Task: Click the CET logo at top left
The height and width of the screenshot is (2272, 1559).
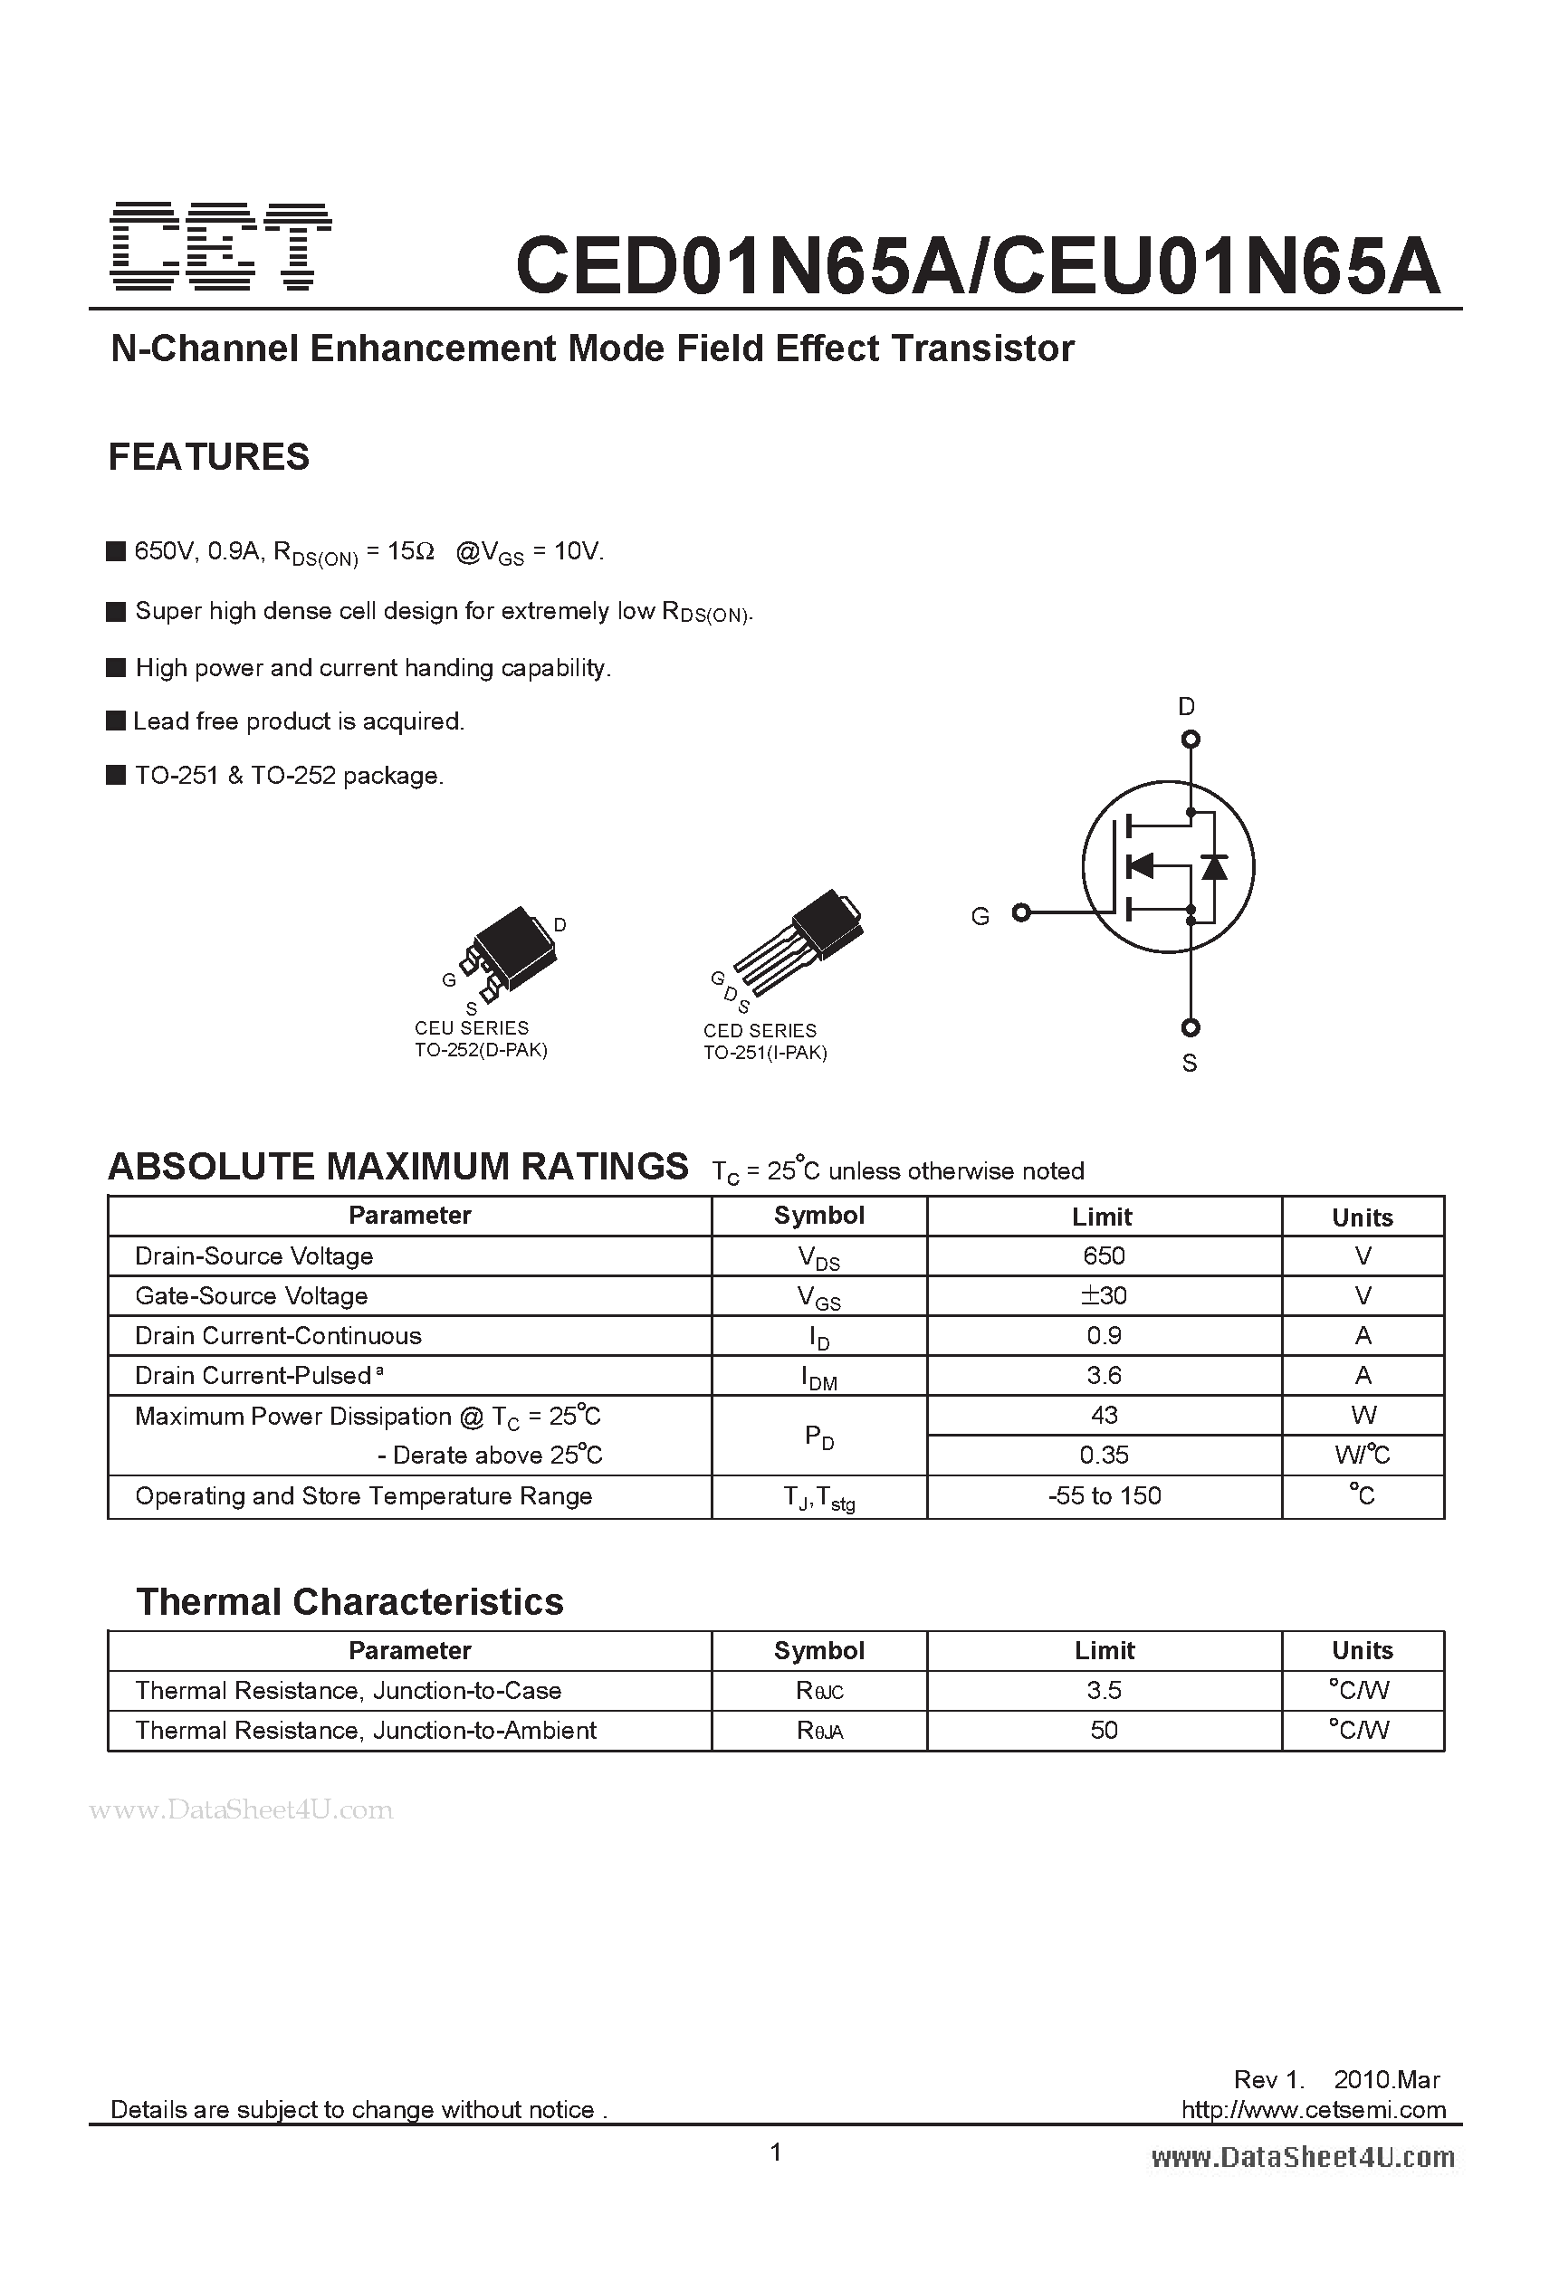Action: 221,247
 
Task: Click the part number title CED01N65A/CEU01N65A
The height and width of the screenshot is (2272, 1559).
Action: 977,266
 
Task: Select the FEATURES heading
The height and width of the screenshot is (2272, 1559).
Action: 208,456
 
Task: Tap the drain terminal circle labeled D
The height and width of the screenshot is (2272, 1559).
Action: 1191,740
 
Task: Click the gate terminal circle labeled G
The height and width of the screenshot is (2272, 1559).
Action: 1021,912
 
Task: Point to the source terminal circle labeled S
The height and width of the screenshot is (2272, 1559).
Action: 1191,1027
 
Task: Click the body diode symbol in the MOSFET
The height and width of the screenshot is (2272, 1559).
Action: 1214,866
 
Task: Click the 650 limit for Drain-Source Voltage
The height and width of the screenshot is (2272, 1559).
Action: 1104,1255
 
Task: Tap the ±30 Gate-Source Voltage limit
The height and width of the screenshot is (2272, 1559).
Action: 1104,1295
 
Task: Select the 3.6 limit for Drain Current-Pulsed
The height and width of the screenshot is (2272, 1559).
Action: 1104,1376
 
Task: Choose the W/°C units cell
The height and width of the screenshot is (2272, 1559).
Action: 1362,1455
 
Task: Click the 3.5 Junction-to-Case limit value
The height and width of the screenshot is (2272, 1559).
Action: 1104,1690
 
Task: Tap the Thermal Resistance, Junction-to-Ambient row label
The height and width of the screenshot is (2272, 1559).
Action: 365,1731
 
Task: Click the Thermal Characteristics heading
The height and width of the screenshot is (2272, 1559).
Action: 349,1602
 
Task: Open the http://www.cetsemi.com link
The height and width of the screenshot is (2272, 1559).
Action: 1313,2110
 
